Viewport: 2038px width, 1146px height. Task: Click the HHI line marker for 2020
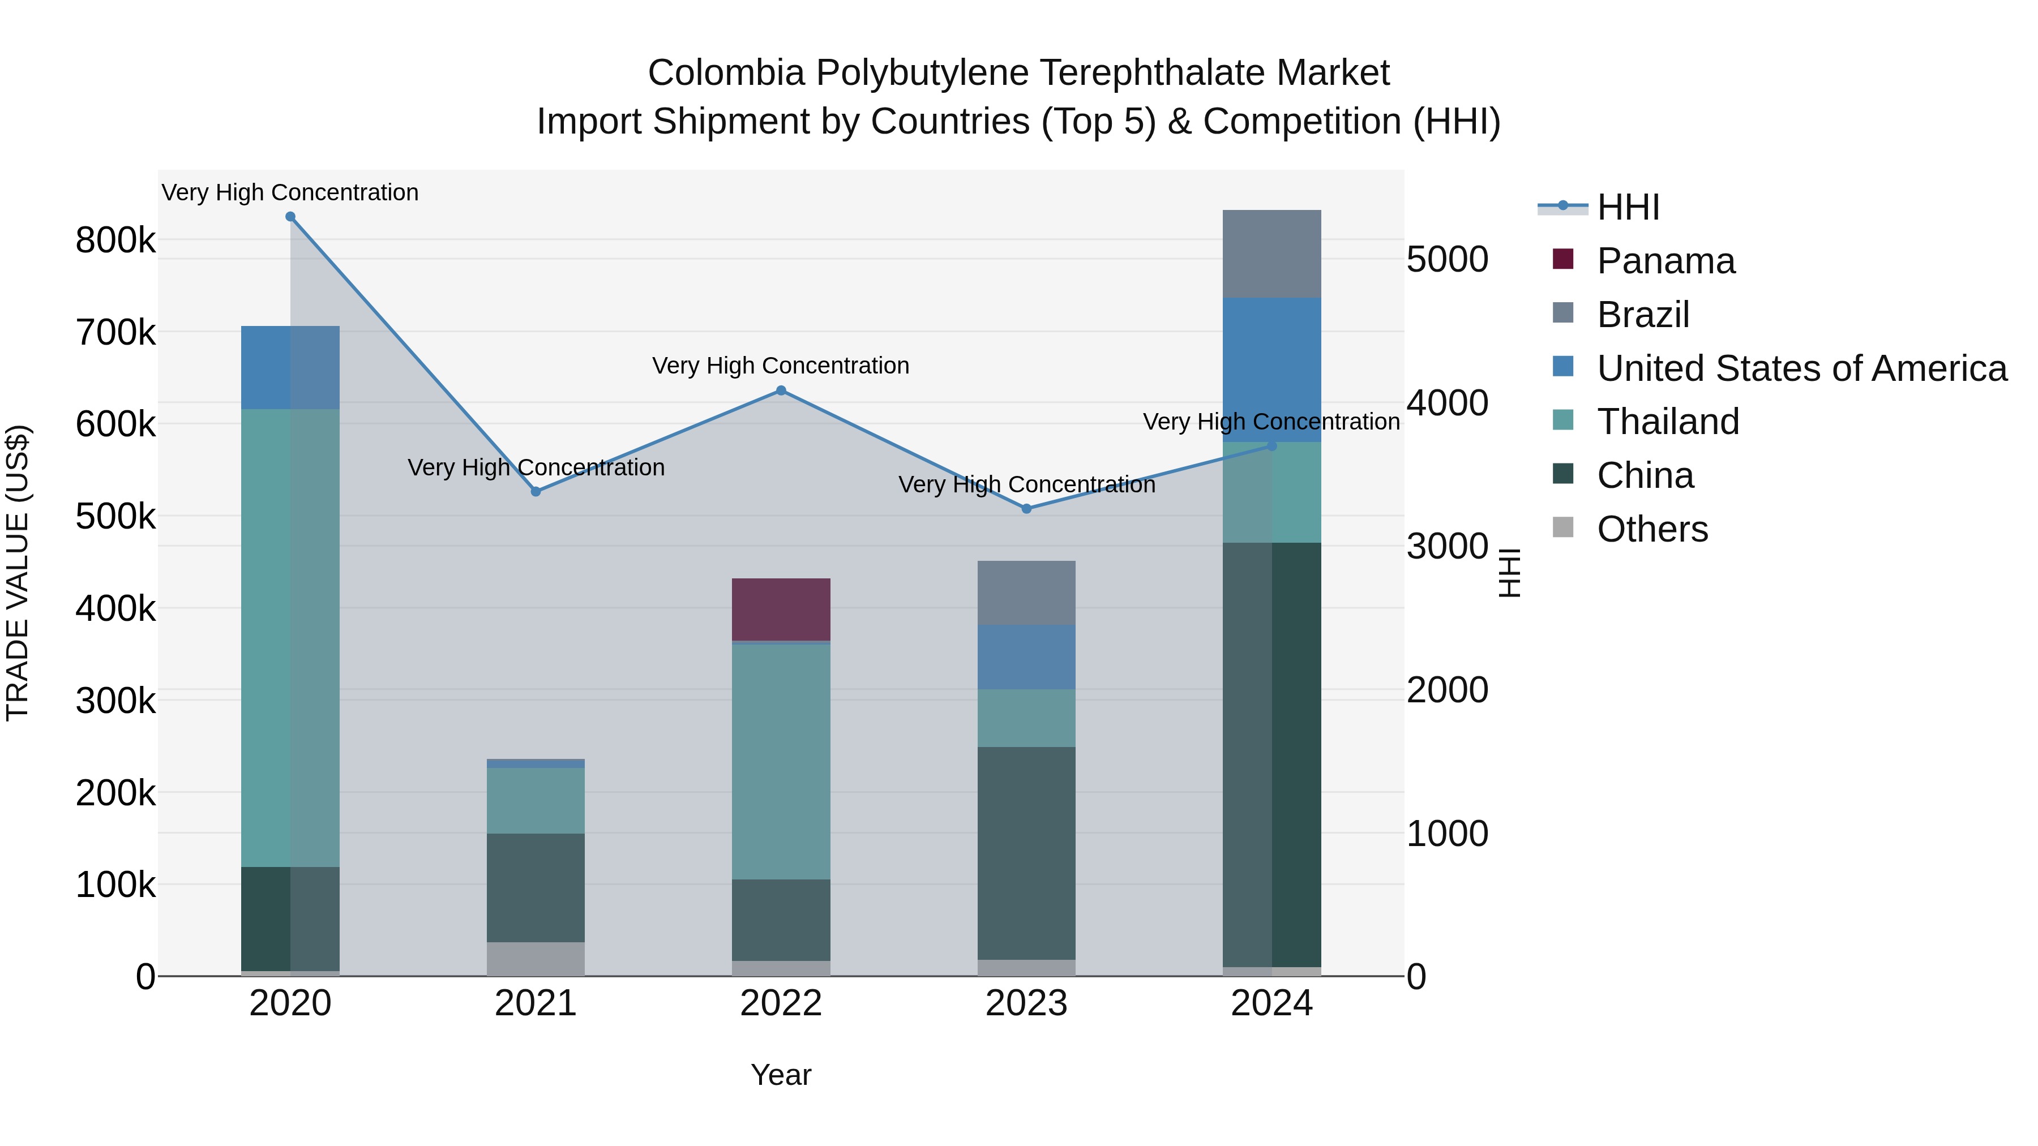pyautogui.click(x=290, y=217)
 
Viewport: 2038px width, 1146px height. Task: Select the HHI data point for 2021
pyautogui.click(x=536, y=492)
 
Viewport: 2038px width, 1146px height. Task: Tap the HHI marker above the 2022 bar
pyautogui.click(x=781, y=390)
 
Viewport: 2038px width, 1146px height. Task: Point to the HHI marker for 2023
pyautogui.click(x=1027, y=509)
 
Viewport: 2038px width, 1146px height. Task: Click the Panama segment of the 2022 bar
pyautogui.click(x=781, y=610)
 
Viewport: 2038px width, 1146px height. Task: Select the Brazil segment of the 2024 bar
pyautogui.click(x=1271, y=254)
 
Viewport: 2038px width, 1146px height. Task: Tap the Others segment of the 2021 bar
pyautogui.click(x=536, y=959)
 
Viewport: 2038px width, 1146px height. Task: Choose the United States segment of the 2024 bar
pyautogui.click(x=1271, y=370)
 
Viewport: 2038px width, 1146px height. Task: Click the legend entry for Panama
pyautogui.click(x=1665, y=261)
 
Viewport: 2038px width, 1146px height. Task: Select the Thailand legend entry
pyautogui.click(x=1668, y=422)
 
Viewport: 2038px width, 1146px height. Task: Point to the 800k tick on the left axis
pyautogui.click(x=115, y=241)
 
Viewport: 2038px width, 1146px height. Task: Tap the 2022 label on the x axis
pyautogui.click(x=781, y=1003)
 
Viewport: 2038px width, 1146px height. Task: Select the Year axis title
pyautogui.click(x=781, y=1075)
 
